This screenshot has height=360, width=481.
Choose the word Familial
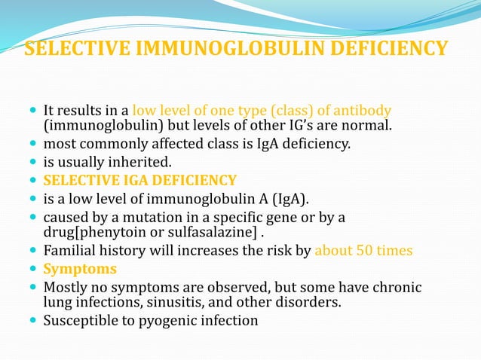[x=72, y=251]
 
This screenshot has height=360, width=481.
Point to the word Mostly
[x=66, y=287]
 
